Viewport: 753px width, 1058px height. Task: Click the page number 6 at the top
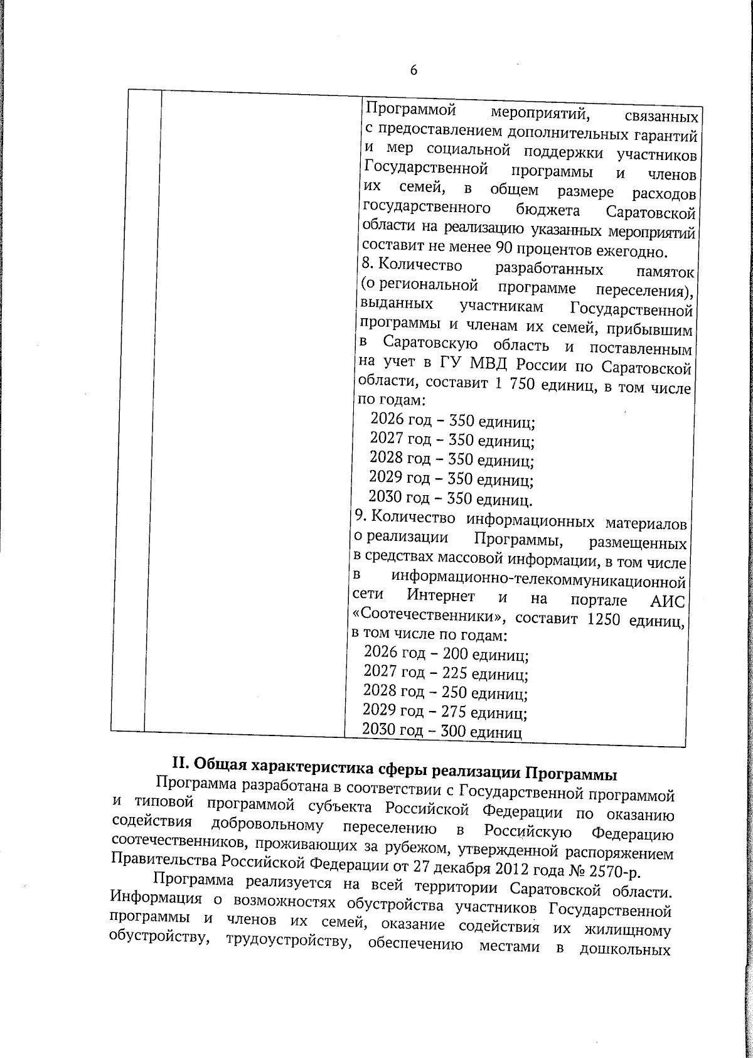coord(414,70)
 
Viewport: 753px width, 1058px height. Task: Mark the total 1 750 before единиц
coord(514,385)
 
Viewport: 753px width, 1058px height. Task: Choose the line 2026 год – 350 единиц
coord(452,420)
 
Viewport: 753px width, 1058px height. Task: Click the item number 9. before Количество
coord(360,518)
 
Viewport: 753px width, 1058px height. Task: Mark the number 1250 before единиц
coord(604,619)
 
